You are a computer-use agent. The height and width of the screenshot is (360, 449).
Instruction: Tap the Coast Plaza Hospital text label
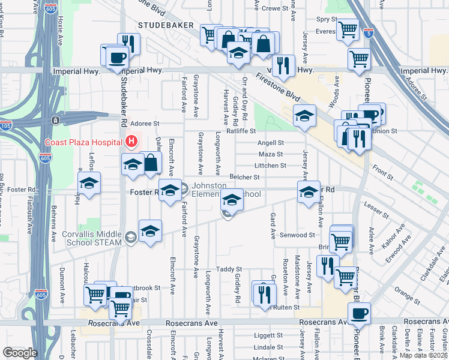[x=83, y=142]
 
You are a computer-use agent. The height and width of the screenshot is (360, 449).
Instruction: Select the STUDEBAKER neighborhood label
[x=165, y=25]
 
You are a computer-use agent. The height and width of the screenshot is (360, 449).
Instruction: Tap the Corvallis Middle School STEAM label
[x=92, y=239]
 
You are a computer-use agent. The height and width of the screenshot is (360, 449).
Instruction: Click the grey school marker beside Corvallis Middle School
[x=130, y=238]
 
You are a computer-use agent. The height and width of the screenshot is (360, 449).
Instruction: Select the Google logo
[x=20, y=352]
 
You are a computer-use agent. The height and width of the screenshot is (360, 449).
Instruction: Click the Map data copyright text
[x=424, y=355]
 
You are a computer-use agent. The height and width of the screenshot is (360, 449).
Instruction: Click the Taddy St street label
[x=229, y=269]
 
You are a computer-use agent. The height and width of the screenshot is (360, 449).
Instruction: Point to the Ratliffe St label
[x=241, y=131]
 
